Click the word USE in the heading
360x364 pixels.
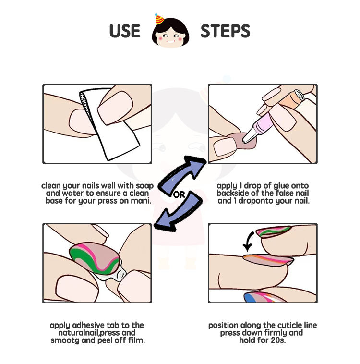pyautogui.click(x=125, y=31)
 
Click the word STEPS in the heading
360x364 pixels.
pyautogui.click(x=225, y=31)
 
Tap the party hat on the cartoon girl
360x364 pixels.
pyautogui.click(x=159, y=19)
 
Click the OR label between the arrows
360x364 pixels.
pyautogui.click(x=179, y=195)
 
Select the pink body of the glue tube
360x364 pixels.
pyautogui.click(x=263, y=125)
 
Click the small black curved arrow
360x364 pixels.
pyautogui.click(x=249, y=242)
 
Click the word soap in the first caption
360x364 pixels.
pyautogui.click(x=144, y=186)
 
